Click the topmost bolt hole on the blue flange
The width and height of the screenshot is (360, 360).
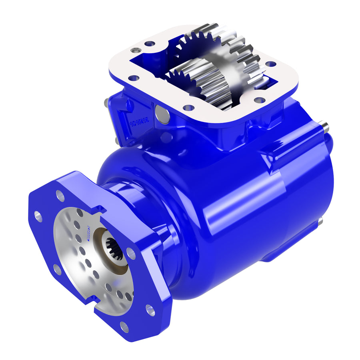[60, 196]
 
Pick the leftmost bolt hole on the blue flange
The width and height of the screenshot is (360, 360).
[38, 216]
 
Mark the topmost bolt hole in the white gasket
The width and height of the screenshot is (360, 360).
[150, 43]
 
